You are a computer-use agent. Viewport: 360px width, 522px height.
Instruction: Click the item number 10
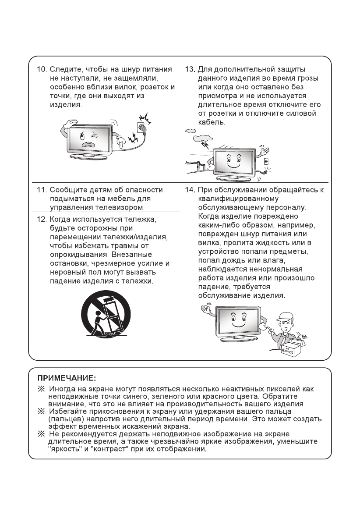pos(41,70)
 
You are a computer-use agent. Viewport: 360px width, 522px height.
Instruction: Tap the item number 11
pos(41,190)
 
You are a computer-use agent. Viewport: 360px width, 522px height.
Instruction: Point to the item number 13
pos(189,70)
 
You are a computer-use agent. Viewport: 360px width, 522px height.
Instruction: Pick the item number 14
pos(189,190)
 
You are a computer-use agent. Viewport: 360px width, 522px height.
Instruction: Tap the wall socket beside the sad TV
pos(141,128)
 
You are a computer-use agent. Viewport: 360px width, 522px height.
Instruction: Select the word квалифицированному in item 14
pos(233,199)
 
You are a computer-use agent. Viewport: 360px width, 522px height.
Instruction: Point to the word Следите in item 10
pos(64,70)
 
